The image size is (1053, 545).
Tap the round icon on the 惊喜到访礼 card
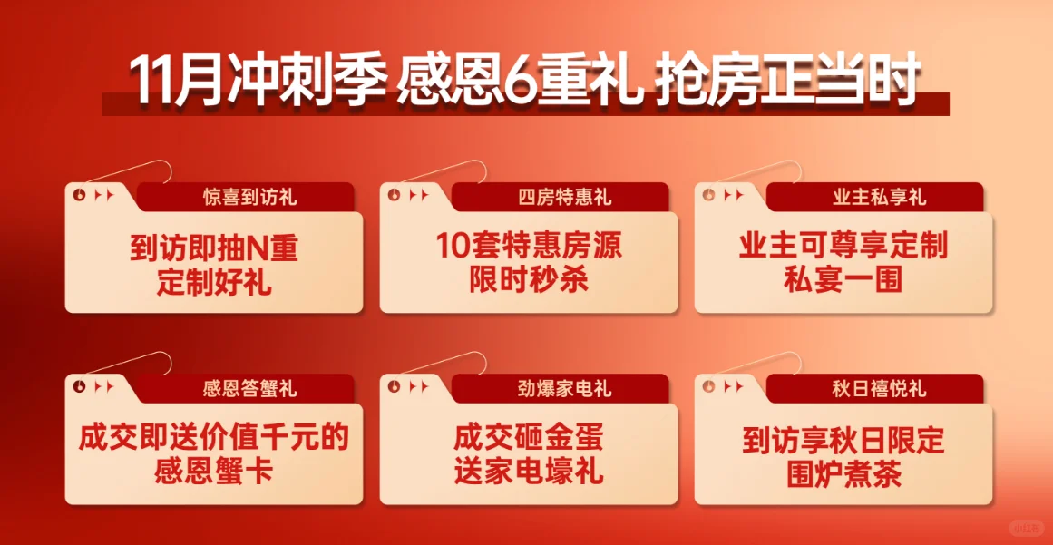pyautogui.click(x=80, y=195)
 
